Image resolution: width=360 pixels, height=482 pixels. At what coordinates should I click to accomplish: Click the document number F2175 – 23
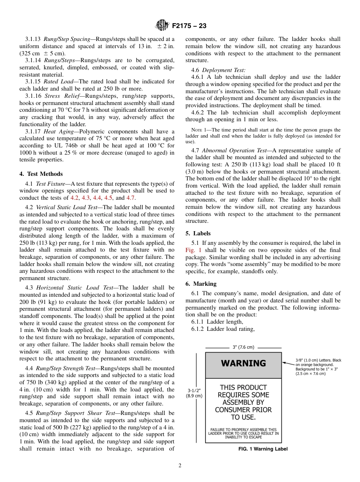(x=189, y=26)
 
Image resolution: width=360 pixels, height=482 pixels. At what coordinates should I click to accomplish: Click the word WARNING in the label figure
(x=243, y=363)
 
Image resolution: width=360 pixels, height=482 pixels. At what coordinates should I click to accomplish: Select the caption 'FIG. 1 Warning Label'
(x=260, y=449)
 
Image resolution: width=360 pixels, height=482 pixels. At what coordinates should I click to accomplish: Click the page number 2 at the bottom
(x=180, y=466)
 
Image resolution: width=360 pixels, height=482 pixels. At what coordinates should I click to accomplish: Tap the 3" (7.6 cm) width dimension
(x=243, y=347)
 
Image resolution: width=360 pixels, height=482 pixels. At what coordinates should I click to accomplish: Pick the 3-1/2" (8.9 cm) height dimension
(x=194, y=393)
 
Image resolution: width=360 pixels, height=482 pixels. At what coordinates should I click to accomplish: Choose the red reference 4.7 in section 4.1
(x=131, y=198)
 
